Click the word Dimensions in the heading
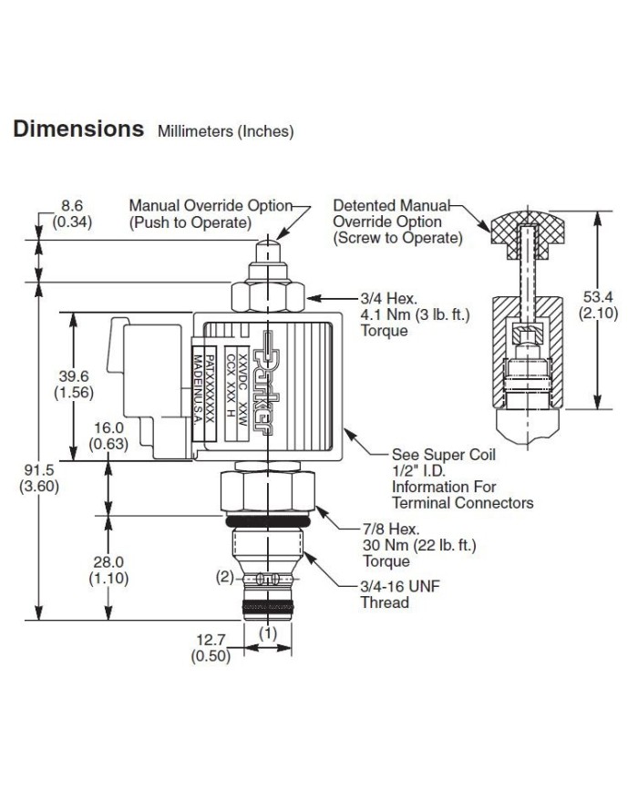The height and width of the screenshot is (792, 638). [x=78, y=129]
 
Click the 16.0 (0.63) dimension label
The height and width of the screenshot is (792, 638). [x=107, y=436]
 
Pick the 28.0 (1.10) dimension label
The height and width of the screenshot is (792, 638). [x=107, y=570]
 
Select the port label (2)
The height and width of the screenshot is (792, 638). [x=225, y=577]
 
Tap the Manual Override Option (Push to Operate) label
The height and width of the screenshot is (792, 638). [x=210, y=213]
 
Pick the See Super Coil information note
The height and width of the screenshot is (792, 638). [x=461, y=478]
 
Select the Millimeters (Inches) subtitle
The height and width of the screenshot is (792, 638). [x=226, y=131]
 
